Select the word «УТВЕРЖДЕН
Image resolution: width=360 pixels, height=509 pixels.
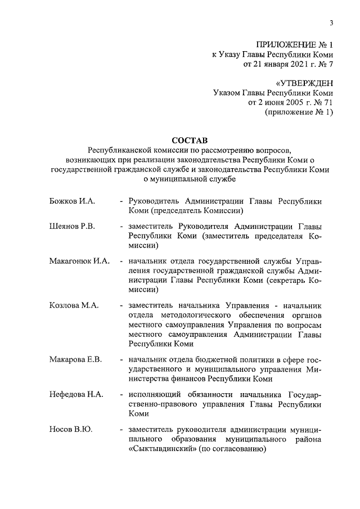click(299, 83)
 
